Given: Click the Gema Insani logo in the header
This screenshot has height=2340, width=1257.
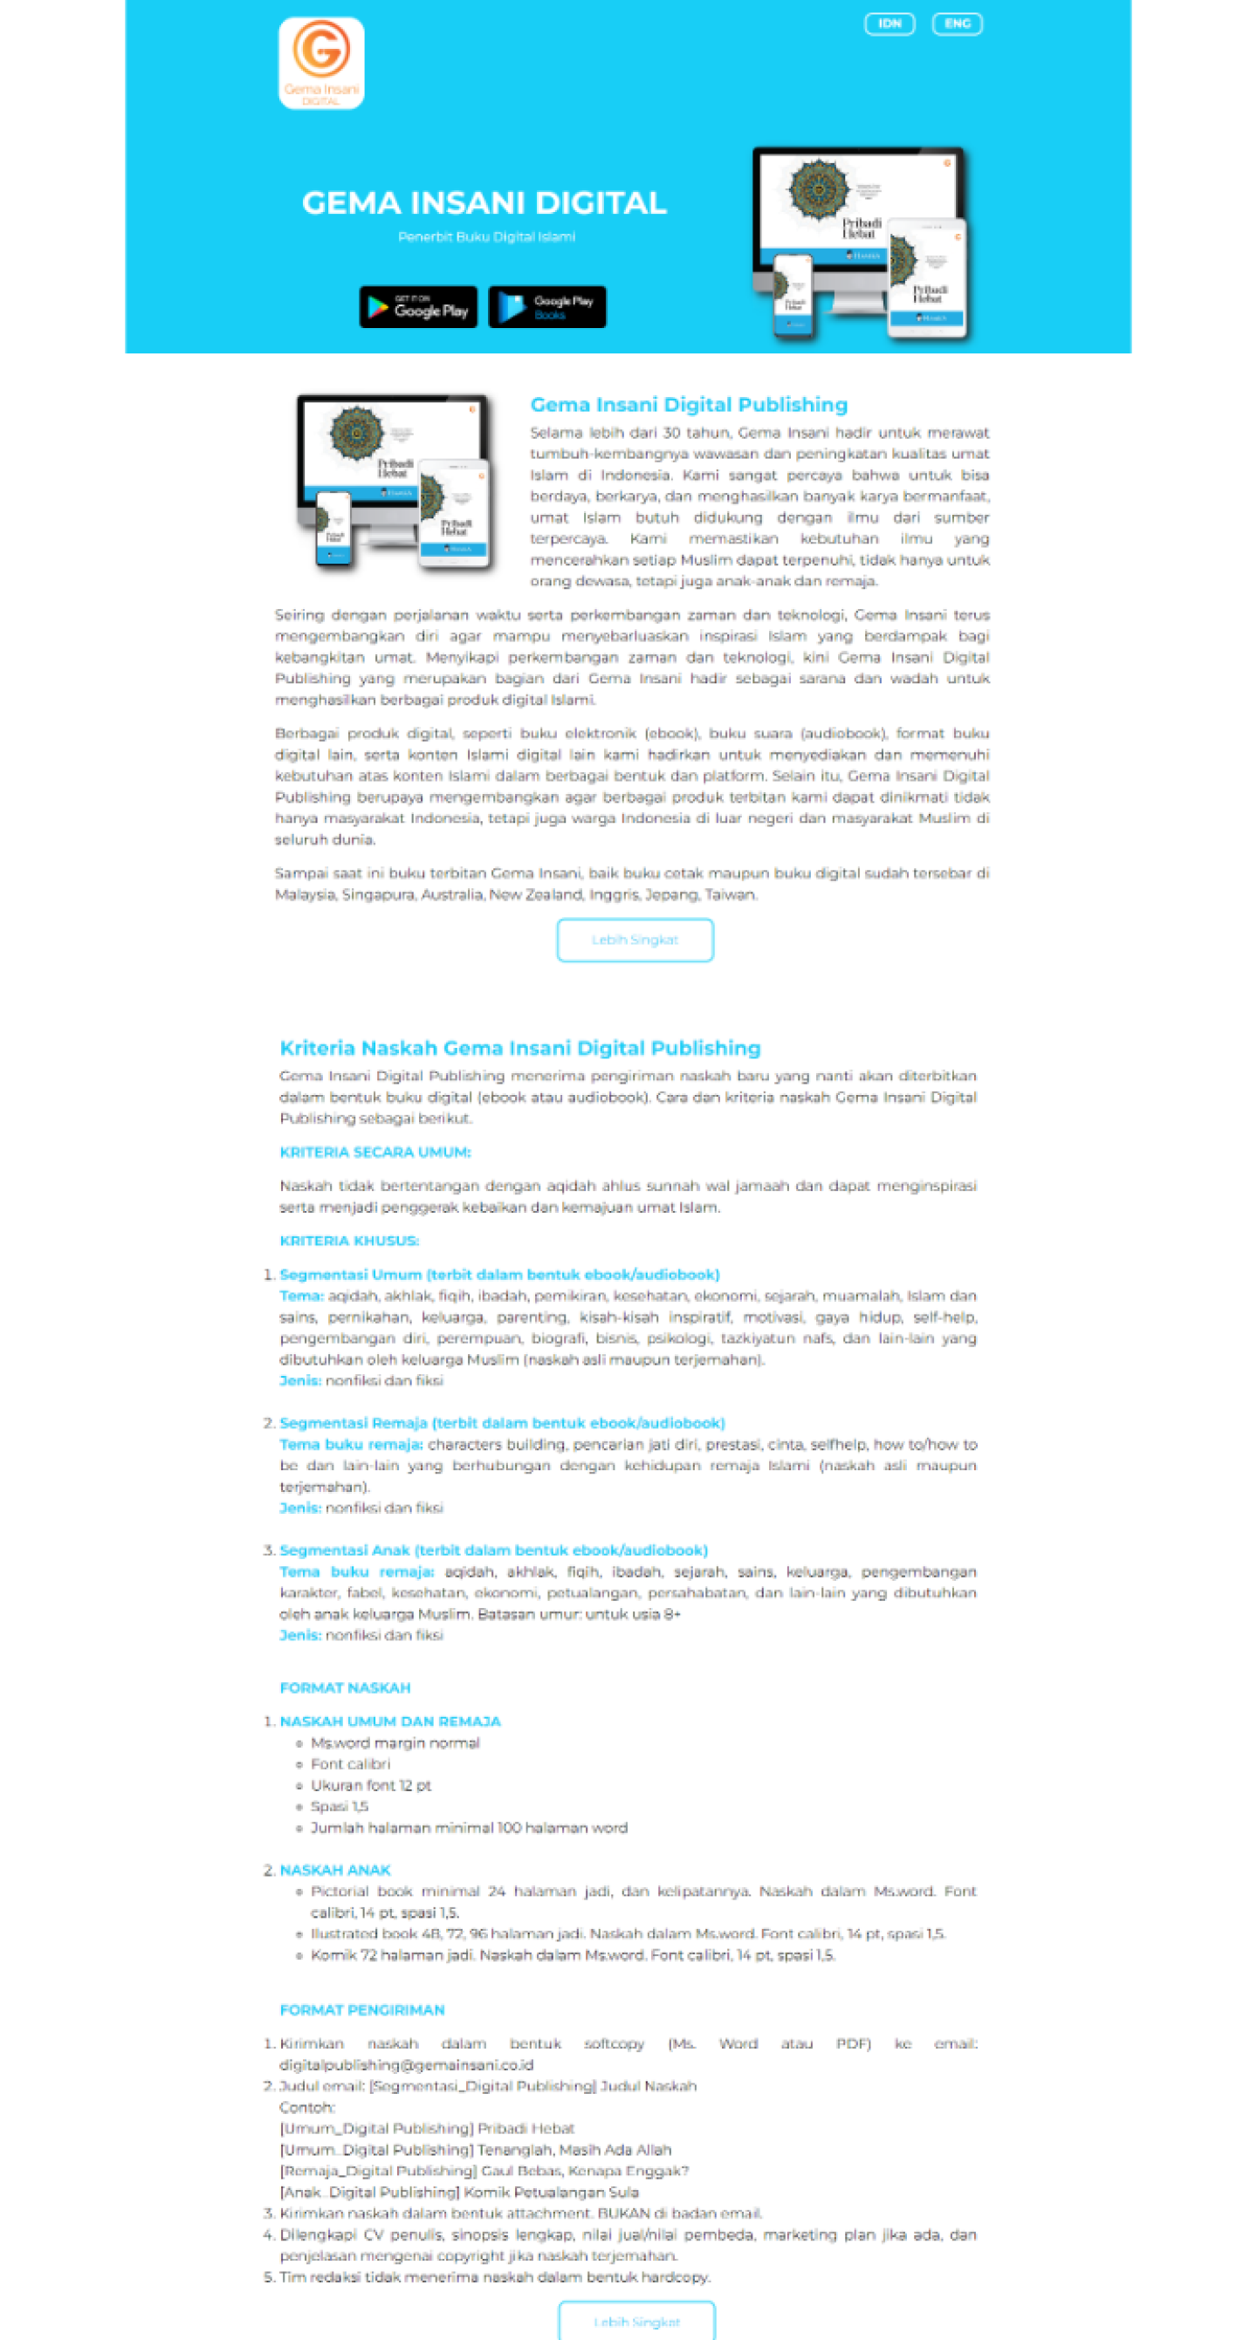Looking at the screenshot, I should [321, 63].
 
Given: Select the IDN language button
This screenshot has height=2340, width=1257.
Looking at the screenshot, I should [888, 24].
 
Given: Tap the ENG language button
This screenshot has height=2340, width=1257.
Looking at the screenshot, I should [956, 24].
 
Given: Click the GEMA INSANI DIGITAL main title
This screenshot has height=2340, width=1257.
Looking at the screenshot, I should [484, 202].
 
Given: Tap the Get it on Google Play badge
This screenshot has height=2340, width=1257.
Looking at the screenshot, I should [418, 307].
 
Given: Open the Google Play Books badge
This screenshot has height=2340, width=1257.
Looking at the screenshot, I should [546, 307].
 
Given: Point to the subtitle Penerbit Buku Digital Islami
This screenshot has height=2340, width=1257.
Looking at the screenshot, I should [486, 237].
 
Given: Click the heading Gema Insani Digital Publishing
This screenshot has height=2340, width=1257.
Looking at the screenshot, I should [688, 405].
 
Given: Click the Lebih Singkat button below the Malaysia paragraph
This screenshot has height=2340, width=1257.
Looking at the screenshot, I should [635, 940].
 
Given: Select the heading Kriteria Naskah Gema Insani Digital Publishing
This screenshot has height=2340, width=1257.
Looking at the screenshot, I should [519, 1048].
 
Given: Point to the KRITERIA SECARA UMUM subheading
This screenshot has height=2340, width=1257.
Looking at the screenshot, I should [374, 1152].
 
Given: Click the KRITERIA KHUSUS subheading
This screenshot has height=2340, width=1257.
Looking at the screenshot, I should [349, 1241].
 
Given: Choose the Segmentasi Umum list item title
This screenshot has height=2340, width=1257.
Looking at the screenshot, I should [499, 1275].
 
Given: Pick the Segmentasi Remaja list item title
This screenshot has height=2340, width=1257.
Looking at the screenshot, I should [502, 1422].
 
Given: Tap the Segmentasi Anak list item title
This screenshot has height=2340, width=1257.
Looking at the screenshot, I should [493, 1550].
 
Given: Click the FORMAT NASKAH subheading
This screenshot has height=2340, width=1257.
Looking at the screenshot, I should [345, 1687].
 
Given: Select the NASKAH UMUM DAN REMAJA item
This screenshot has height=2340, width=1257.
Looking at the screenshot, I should [390, 1721].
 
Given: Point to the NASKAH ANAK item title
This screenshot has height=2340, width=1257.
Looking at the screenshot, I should [334, 1871].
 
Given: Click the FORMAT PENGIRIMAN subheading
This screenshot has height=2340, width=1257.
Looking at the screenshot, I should [361, 2010].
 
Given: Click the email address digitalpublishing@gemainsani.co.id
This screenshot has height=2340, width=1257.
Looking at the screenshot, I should [406, 2065].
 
